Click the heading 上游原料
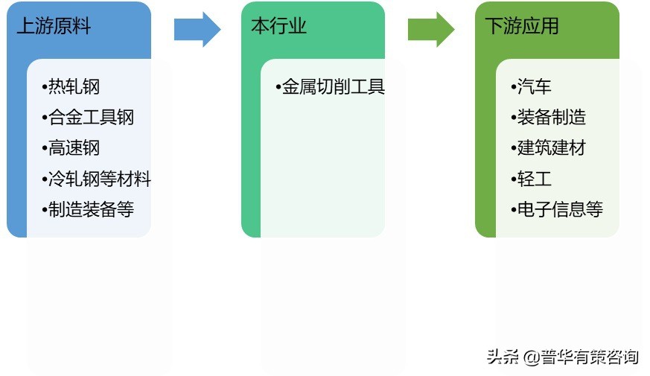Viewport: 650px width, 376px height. (54, 27)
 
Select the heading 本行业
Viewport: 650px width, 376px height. (279, 27)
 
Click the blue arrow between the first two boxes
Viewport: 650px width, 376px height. (197, 29)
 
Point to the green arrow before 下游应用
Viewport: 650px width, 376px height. (431, 29)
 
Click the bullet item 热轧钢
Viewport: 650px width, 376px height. (74, 87)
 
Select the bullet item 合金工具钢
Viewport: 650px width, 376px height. (91, 118)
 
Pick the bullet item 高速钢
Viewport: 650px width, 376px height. (74, 148)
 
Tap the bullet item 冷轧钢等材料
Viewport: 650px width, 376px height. (99, 179)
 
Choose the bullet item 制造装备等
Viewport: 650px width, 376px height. (91, 210)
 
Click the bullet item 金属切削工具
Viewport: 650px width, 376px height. (333, 87)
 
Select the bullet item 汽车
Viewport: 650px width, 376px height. (535, 87)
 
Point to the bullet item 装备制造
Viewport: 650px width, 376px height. (552, 118)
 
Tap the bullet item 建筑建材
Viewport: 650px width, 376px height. (552, 148)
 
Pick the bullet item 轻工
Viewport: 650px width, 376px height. (535, 179)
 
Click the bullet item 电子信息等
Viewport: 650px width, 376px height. (560, 210)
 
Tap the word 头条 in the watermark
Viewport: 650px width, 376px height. (503, 357)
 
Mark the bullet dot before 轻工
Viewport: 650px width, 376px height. (514, 179)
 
